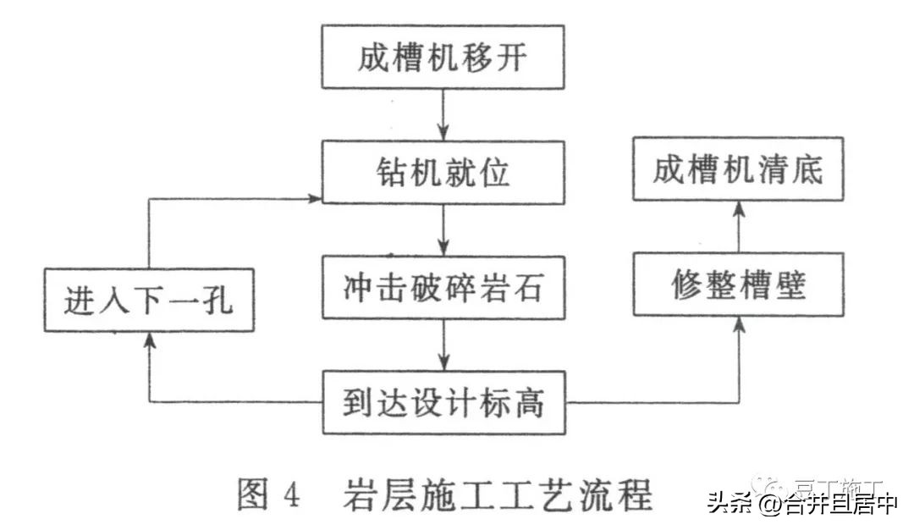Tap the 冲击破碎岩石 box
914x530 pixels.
[443, 289]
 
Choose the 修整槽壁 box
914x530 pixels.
[739, 284]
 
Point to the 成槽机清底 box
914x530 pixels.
[739, 172]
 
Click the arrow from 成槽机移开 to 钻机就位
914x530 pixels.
[443, 115]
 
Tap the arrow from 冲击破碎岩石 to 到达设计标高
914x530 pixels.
[443, 345]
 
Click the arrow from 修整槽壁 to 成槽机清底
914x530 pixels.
[739, 226]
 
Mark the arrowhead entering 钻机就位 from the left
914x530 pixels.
[315, 199]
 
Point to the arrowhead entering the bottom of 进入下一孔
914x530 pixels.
[149, 339]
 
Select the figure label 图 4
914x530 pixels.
[267, 495]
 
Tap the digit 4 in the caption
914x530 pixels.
[291, 496]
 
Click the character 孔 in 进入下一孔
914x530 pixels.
[221, 301]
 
